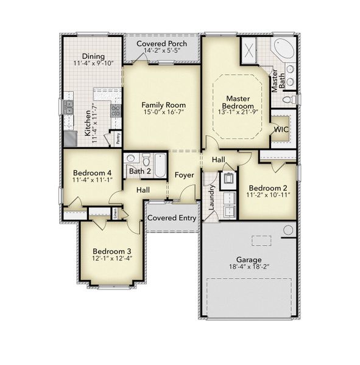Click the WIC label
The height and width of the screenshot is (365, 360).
(x=281, y=129)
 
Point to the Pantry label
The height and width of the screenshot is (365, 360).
(x=118, y=139)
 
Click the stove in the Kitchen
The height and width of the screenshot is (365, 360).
(x=115, y=110)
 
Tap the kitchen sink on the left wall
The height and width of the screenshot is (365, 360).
(x=68, y=107)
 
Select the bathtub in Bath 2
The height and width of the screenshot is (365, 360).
(x=160, y=164)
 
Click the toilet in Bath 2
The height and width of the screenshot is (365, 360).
(x=146, y=159)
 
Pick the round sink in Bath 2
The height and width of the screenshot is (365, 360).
(x=131, y=158)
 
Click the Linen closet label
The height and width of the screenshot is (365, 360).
(x=115, y=213)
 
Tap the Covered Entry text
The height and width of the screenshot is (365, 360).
(x=171, y=218)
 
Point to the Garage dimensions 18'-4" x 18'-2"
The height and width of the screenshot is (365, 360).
(x=249, y=268)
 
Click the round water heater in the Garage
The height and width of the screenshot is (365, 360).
(x=288, y=230)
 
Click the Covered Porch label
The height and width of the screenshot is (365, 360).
(x=161, y=44)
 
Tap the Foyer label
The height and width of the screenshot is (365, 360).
(x=184, y=175)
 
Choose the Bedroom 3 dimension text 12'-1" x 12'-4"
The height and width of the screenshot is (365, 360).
(x=112, y=258)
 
